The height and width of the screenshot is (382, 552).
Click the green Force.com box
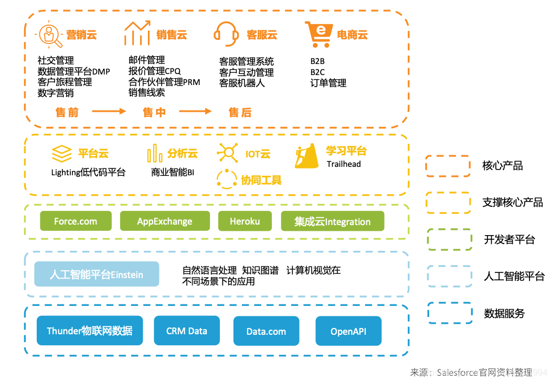[76, 221]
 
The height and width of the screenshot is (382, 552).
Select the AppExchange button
[165, 221]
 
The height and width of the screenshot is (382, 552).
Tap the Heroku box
[245, 221]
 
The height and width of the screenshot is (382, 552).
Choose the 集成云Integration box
[333, 221]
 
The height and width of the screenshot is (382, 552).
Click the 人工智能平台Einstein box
[97, 274]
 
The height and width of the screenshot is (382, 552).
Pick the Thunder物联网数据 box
[90, 331]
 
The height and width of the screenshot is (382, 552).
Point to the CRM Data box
[186, 331]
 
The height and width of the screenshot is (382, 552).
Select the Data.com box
[266, 331]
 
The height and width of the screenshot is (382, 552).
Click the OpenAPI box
[348, 331]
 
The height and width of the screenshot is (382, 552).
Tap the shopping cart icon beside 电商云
[319, 34]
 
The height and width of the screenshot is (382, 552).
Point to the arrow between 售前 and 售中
[109, 111]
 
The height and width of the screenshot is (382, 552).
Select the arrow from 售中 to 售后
[195, 111]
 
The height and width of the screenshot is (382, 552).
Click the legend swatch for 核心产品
[448, 166]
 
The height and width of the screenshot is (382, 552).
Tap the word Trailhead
[344, 164]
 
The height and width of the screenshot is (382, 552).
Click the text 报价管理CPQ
[154, 70]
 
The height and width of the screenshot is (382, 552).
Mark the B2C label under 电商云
[317, 72]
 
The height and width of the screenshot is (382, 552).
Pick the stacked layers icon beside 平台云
[61, 154]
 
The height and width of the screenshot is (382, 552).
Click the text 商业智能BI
[173, 172]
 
